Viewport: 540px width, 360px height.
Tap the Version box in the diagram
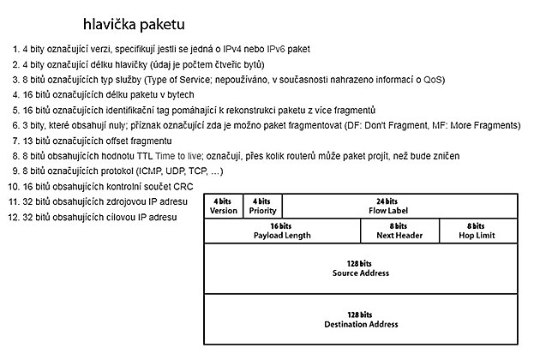tap(224, 206)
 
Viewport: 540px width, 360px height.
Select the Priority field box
tap(262, 206)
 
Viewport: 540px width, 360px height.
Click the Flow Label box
tap(399, 206)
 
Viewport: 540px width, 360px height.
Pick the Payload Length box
tap(282, 231)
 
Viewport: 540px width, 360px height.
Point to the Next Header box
tap(399, 231)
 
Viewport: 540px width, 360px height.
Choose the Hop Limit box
tap(477, 231)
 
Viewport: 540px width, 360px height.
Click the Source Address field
tap(361, 268)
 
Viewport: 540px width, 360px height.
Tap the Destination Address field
tap(361, 320)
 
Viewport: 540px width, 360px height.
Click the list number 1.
tap(15, 49)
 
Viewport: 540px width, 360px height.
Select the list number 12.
tap(13, 217)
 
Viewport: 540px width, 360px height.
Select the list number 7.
tap(15, 141)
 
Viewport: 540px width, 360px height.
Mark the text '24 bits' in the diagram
tap(399, 201)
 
